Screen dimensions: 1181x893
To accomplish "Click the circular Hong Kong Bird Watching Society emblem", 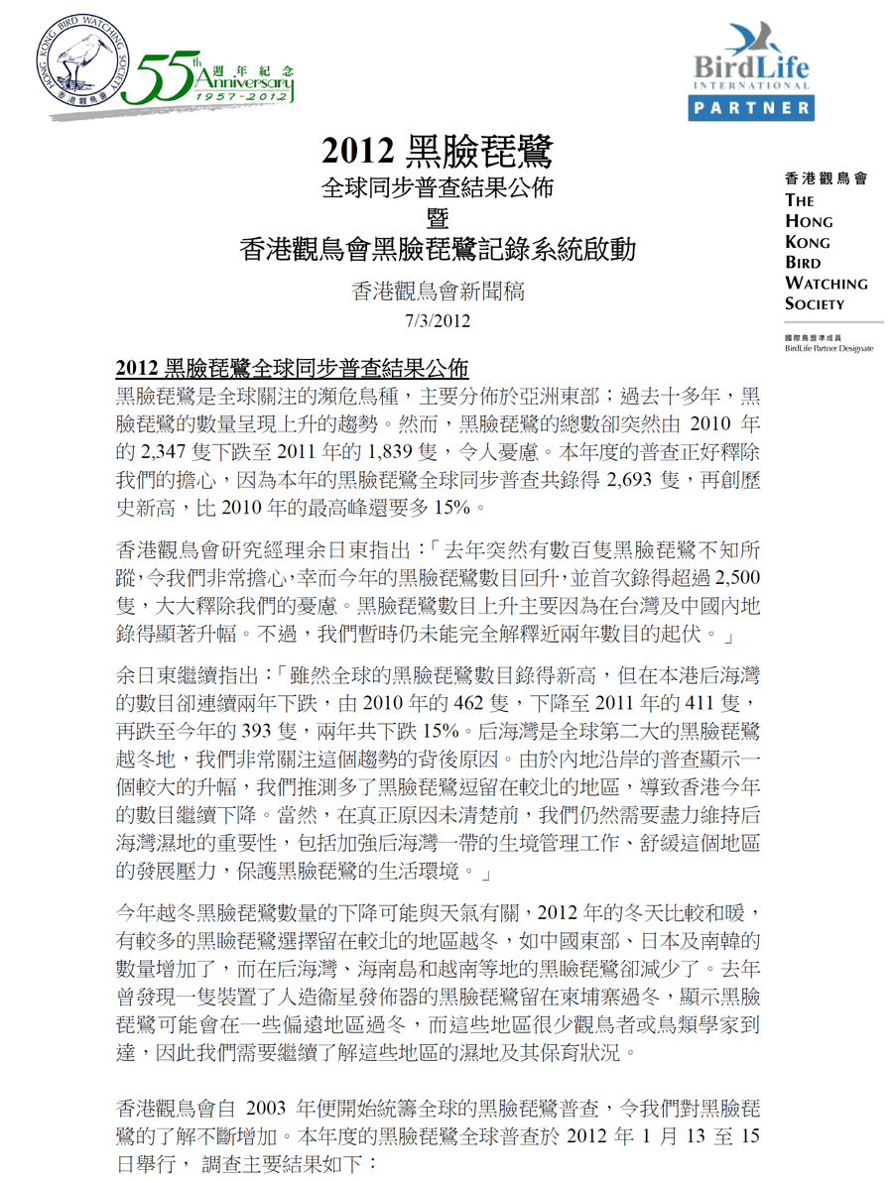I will pyautogui.click(x=86, y=61).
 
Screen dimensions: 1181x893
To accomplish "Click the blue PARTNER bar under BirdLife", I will pyautogui.click(x=755, y=107).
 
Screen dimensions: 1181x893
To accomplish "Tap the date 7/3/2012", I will pyautogui.click(x=437, y=320).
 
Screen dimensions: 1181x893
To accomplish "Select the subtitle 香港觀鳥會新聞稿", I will pyautogui.click(x=437, y=293).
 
